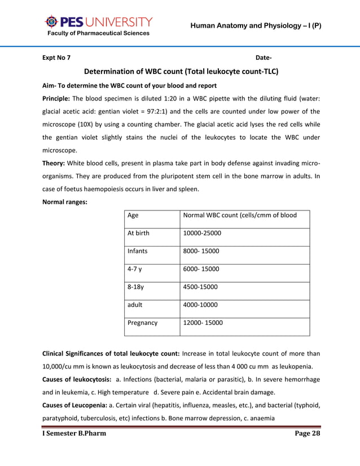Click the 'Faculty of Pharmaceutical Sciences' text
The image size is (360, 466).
[x=98, y=33]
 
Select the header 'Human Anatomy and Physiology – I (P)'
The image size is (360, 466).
[x=256, y=25]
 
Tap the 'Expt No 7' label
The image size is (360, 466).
[x=57, y=58]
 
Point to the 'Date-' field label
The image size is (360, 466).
[x=264, y=58]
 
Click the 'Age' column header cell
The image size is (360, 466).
[x=133, y=215]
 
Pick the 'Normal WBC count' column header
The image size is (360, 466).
[x=240, y=215]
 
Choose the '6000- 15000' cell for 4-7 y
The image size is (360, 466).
[x=201, y=269]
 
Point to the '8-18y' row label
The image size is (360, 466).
[x=137, y=287]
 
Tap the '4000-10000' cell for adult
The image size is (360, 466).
[x=200, y=305]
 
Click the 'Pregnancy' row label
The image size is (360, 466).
[x=143, y=323]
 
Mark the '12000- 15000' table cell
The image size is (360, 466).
[x=203, y=323]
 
